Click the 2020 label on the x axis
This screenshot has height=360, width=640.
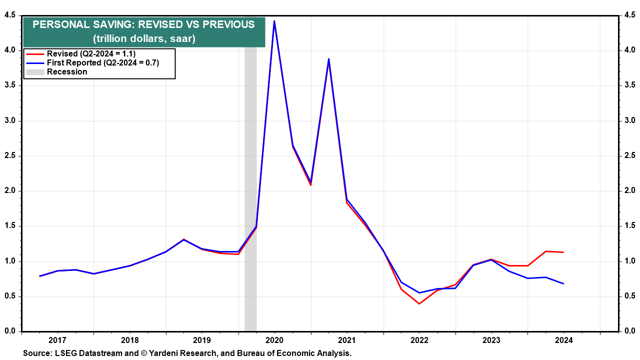click(x=274, y=340)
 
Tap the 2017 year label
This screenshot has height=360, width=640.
click(x=57, y=340)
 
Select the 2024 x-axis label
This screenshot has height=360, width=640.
click(x=563, y=340)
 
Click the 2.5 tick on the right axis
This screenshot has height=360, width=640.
click(x=629, y=156)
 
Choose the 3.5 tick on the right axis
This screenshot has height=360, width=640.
click(x=629, y=85)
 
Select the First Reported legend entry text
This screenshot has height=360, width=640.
click(x=102, y=62)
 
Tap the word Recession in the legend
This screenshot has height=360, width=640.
click(x=67, y=71)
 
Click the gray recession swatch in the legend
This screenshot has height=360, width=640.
click(x=35, y=71)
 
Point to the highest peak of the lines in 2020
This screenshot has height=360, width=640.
click(x=274, y=21)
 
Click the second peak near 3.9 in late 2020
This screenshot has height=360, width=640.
click(x=328, y=59)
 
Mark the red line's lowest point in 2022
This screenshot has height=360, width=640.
click(x=419, y=303)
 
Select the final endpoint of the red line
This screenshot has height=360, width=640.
click(x=563, y=252)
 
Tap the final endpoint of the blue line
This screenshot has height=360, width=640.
click(x=563, y=283)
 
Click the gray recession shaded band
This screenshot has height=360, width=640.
click(x=250, y=200)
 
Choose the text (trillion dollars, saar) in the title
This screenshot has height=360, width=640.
click(x=144, y=38)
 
